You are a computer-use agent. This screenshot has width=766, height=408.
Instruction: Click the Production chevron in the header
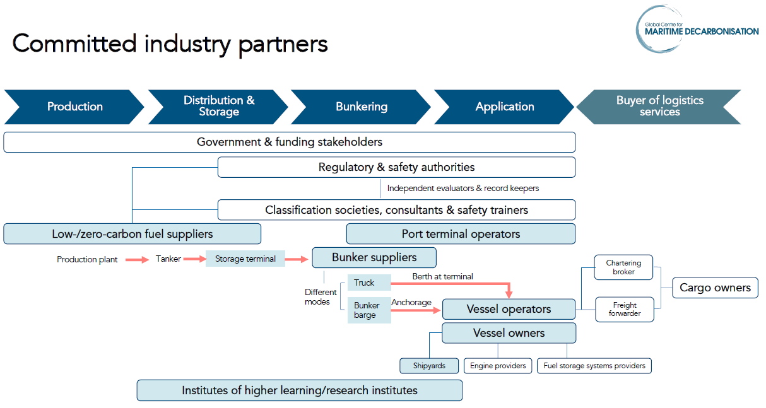coord(74,107)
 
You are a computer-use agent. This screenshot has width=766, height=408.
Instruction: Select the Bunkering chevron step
coord(361,107)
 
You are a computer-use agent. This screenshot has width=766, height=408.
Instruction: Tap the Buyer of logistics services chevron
coord(659,107)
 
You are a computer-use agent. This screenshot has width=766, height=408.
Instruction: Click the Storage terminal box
coord(245,259)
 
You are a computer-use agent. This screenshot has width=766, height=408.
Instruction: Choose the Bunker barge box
coord(368,310)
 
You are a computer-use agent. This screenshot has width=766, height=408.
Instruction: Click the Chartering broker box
coord(623,267)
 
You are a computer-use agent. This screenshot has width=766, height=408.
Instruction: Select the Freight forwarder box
coord(624,310)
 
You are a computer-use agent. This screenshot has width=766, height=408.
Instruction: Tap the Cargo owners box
coord(715,288)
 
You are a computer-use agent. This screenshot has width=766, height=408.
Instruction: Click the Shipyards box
coord(429,366)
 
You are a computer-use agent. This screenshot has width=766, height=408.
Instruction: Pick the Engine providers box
coord(498,366)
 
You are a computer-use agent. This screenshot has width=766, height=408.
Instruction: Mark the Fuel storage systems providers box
coord(594,366)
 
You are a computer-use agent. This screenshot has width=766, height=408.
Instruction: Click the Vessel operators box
coord(509,309)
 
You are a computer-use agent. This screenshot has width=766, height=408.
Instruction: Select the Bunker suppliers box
coord(374,257)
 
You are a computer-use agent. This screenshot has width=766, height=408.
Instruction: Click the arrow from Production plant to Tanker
coord(137,259)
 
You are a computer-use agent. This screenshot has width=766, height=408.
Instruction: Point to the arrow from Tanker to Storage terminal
coord(194,259)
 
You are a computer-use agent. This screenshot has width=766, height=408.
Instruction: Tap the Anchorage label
coord(411,302)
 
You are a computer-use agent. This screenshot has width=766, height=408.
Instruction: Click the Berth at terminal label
coord(442,276)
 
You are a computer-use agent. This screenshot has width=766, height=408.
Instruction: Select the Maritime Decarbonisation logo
coord(697,29)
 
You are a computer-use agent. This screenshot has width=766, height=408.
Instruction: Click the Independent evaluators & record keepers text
coord(463,188)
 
